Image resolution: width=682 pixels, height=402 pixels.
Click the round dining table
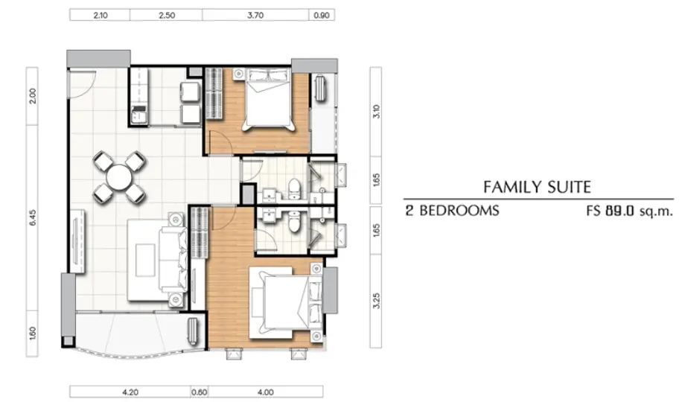point(119,177)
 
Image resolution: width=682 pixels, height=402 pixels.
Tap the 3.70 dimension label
point(255,15)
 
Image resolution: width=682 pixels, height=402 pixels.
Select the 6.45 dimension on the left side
point(33,217)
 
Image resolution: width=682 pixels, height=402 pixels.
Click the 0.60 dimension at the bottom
point(200,392)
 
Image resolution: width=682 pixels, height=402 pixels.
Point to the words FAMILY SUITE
point(537,187)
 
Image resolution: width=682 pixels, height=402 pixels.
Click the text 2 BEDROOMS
point(453,211)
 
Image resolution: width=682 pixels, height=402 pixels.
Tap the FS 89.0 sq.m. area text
point(629,211)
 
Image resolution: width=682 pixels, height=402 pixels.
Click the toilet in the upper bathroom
point(294,188)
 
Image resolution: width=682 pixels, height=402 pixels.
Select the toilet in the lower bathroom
point(294,221)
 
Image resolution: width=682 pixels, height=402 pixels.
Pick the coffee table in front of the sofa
point(145,260)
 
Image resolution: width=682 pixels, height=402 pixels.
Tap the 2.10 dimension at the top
point(101,15)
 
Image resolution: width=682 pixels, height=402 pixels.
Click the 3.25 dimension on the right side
point(377,301)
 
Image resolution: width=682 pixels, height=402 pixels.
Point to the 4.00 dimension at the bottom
point(265,392)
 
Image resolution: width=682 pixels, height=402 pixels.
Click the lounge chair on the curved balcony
point(193,332)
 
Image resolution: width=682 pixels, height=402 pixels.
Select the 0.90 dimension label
point(322,15)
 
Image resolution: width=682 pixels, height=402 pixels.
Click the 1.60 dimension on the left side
point(33,334)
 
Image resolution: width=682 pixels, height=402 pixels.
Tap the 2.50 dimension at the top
point(167,15)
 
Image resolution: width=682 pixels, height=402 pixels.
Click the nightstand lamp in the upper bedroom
point(238,74)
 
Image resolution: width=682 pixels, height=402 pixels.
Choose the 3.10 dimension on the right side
point(377,112)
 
